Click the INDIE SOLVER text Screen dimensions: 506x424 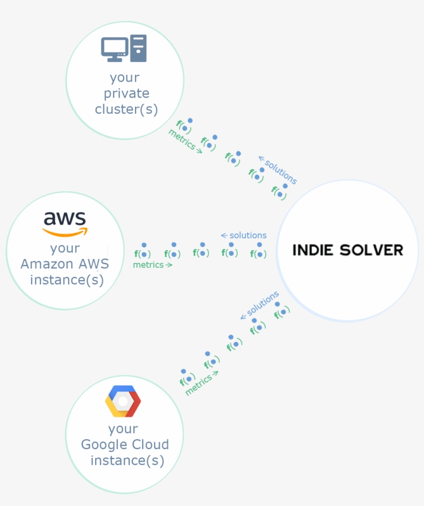tap(347, 250)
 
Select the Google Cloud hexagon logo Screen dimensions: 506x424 tap(123, 401)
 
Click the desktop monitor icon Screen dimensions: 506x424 tap(114, 49)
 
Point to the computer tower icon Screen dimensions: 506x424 tap(139, 48)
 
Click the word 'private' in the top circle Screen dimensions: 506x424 tap(126, 94)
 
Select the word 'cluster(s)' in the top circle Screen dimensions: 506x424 tap(126, 110)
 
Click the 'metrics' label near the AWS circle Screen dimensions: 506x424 tap(149, 265)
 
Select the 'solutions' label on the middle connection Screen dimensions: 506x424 tap(248, 236)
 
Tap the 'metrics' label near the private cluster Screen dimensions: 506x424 tap(181, 140)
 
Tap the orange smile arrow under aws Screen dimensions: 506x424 tap(66, 232)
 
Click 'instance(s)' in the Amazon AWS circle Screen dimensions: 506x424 tap(67, 280)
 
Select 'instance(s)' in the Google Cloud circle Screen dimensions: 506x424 tap(127, 461)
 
